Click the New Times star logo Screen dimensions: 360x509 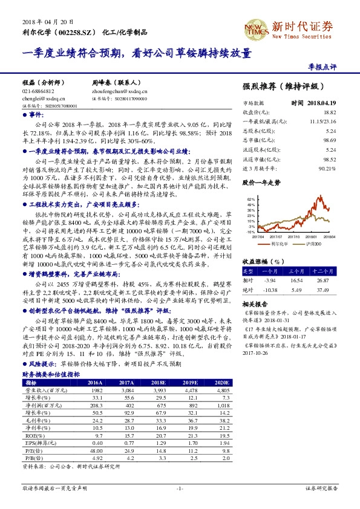pyautogui.click(x=255, y=27)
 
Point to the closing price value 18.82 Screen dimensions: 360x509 pyautogui.click(x=329, y=112)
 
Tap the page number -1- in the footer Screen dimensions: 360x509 pyautogui.click(x=180, y=488)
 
